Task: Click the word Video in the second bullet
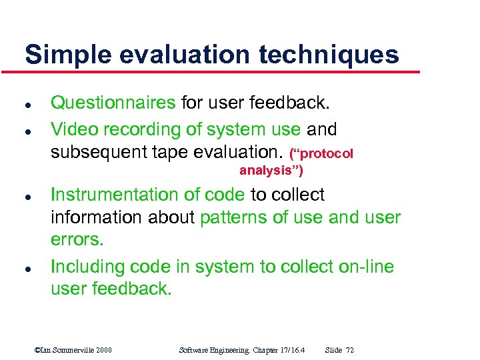point(71,129)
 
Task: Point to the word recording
point(131,129)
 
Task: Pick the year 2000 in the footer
point(103,350)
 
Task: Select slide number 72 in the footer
point(350,350)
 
